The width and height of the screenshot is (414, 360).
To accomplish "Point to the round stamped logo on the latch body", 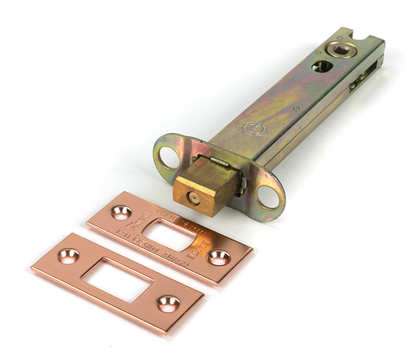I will pyautogui.click(x=256, y=128).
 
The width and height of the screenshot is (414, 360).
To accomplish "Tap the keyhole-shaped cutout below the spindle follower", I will pyautogui.click(x=321, y=66).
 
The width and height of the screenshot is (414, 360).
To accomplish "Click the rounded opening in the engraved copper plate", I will pyautogui.click(x=170, y=234).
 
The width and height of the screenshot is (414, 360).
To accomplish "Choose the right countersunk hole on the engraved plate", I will pyautogui.click(x=219, y=257).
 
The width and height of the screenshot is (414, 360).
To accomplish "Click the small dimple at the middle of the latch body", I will pyautogui.click(x=296, y=107).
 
